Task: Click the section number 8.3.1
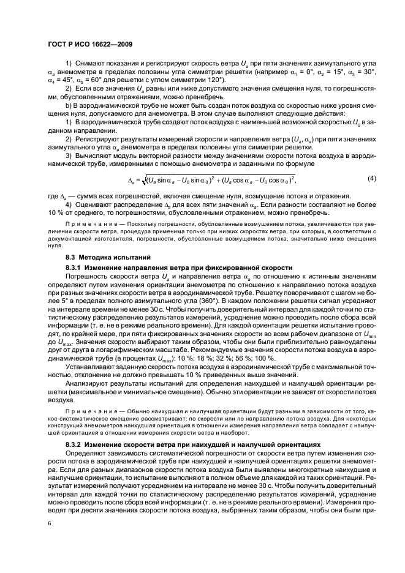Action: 74,268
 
